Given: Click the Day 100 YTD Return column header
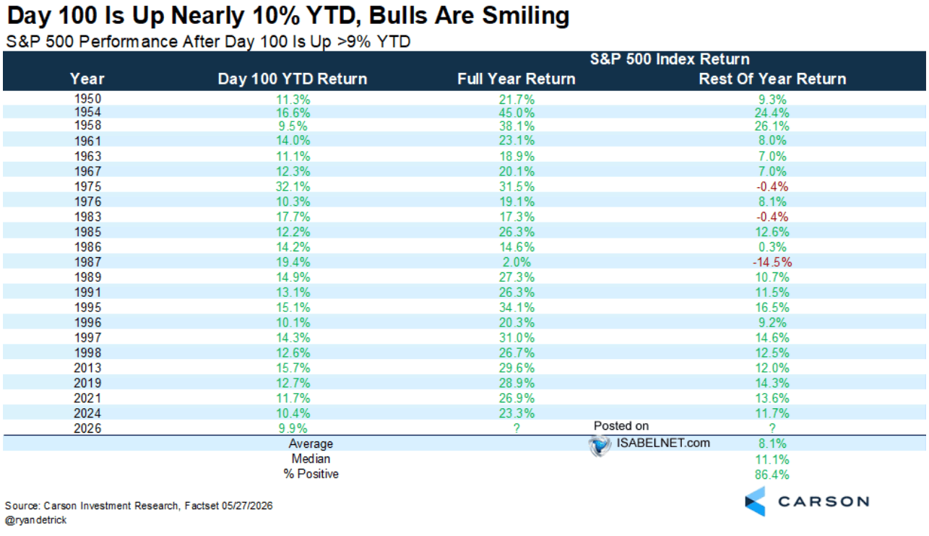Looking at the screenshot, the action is click(293, 79).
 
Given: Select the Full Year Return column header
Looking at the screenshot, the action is click(517, 79).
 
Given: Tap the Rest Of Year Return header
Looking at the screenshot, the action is click(772, 79).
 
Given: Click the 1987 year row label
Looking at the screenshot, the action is click(87, 262).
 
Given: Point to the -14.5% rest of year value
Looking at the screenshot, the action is click(772, 262).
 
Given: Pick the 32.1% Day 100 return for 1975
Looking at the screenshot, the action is click(293, 186).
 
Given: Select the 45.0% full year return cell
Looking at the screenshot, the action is click(517, 113).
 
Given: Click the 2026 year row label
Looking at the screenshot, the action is click(87, 428).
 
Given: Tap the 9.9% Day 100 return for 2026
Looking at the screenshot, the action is click(293, 428).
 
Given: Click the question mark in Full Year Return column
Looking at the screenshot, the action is click(517, 428).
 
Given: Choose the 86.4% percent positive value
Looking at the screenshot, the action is click(772, 475).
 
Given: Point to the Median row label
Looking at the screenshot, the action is click(311, 459).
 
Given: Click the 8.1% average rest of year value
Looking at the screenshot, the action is click(772, 444).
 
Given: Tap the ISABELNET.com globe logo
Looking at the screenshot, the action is click(600, 446).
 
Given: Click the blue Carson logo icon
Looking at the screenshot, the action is click(755, 501).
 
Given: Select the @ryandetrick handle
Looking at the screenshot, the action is click(35, 520).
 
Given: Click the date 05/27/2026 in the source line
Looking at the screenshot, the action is click(247, 506).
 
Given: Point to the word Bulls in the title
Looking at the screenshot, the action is click(401, 16).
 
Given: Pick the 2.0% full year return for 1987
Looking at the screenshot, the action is click(517, 262).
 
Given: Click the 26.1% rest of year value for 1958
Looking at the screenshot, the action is click(772, 126).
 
